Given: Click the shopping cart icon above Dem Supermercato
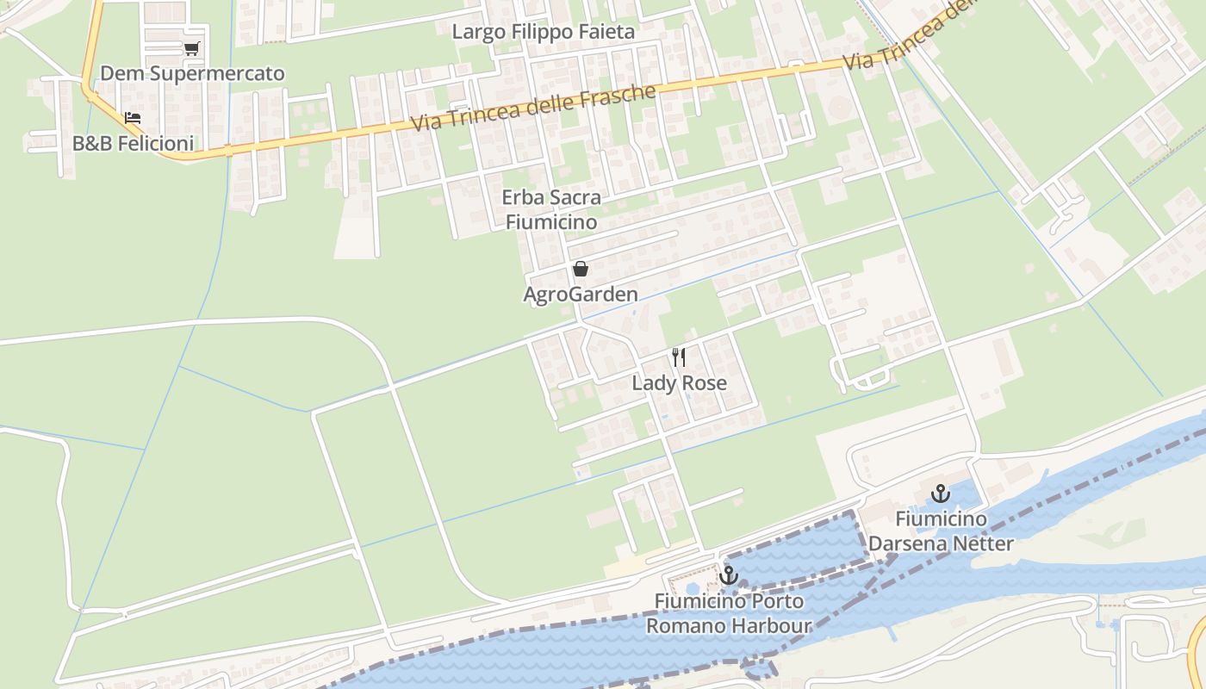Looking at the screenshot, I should (x=191, y=48).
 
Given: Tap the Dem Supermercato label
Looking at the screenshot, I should (x=192, y=73).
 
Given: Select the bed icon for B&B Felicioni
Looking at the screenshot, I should (x=132, y=118).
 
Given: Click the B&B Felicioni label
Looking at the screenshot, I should (x=133, y=143).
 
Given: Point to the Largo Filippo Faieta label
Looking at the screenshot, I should (x=543, y=32).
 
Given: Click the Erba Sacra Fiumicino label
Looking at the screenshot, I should (x=551, y=209).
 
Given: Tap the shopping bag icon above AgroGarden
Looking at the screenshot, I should (x=581, y=270).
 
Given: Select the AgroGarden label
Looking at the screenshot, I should (x=581, y=295).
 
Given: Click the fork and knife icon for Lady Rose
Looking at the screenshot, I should (x=679, y=357).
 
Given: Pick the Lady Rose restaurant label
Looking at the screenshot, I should (x=679, y=382).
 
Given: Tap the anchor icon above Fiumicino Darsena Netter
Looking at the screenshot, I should (x=940, y=493).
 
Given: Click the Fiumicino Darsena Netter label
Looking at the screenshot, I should (x=941, y=531).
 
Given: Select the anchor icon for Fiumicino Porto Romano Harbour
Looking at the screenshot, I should (x=729, y=575).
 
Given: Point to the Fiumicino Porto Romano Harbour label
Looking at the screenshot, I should (x=729, y=613).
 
